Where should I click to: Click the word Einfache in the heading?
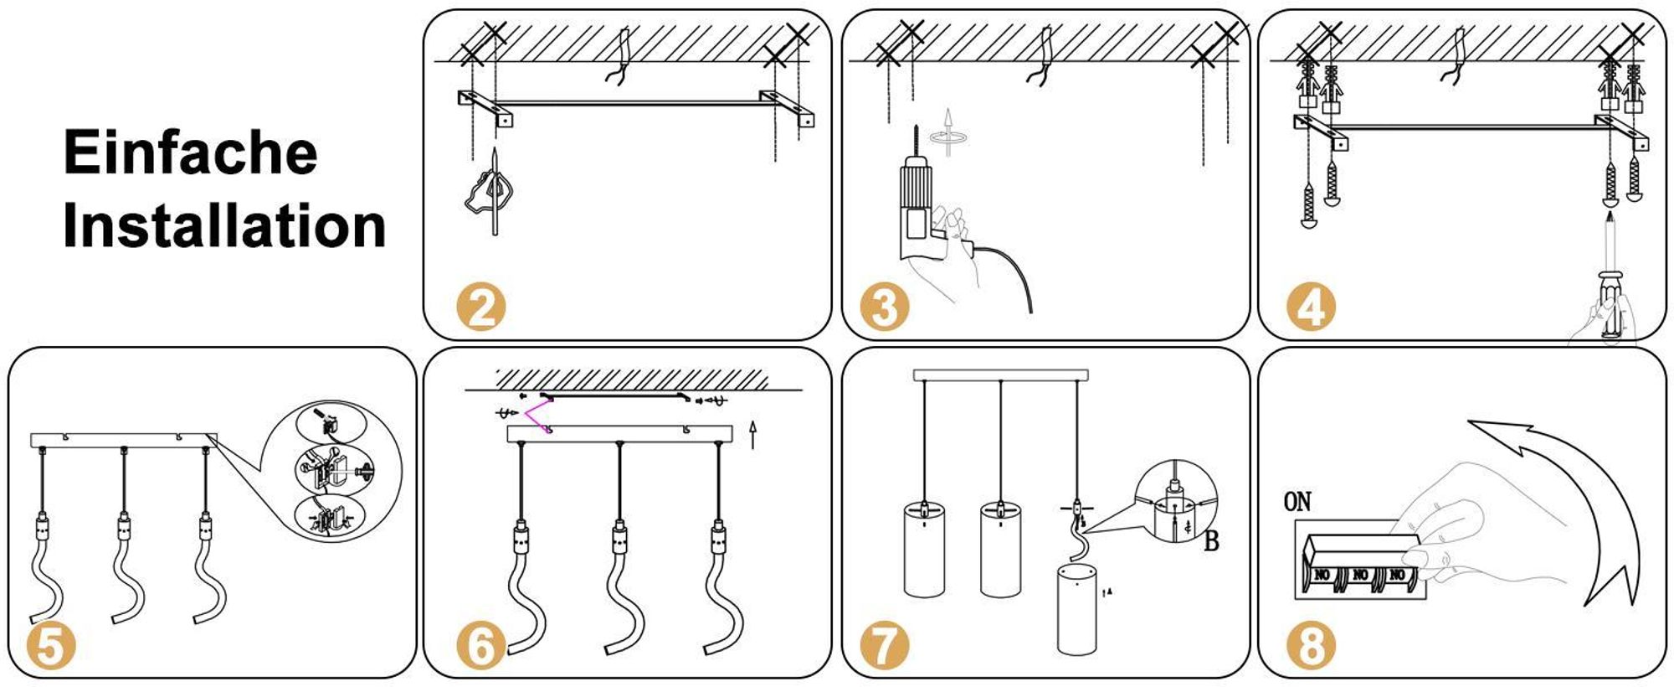point(191,152)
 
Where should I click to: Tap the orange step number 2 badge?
point(481,307)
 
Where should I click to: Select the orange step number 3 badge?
point(885,307)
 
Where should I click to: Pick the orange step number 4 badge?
point(1311,307)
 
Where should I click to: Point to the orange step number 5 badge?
point(51,648)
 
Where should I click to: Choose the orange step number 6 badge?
point(481,648)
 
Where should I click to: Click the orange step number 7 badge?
point(885,648)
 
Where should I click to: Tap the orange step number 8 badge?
point(1311,648)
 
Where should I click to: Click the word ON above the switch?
point(1297,502)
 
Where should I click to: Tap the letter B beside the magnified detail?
point(1211,542)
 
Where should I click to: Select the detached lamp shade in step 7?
point(1076,609)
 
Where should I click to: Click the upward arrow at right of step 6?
point(752,434)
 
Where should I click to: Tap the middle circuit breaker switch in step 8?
point(1360,576)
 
